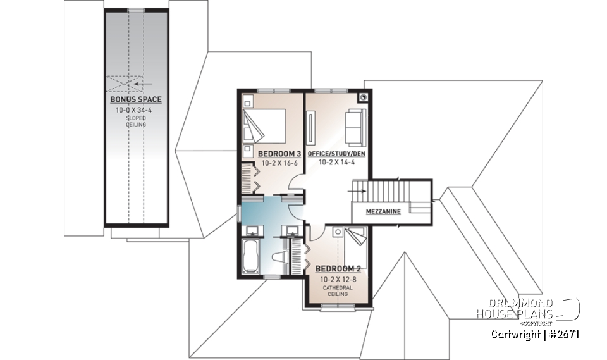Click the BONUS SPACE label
[136, 100]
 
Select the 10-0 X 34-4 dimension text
[136, 110]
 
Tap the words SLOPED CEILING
[136, 121]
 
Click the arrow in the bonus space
[145, 82]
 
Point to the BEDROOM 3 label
[278, 154]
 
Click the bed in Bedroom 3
[264, 125]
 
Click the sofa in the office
[353, 125]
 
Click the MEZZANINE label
[383, 211]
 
